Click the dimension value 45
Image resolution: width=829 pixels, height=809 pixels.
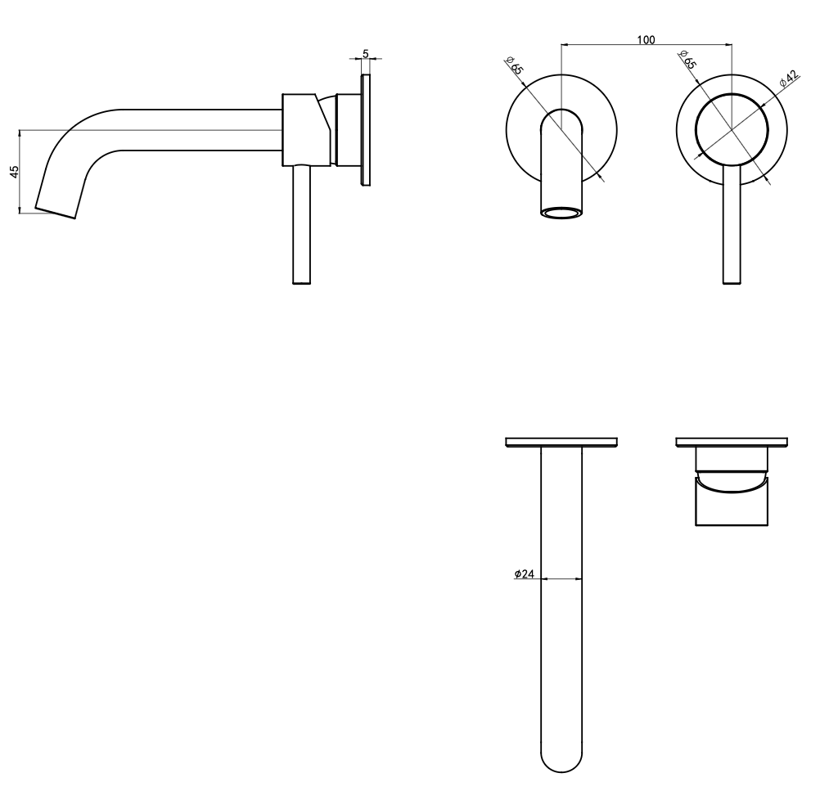coord(14,171)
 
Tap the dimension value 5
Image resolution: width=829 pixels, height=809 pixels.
coord(365,54)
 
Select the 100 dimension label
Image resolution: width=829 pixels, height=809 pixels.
coord(646,39)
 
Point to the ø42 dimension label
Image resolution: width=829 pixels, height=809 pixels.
coord(790,79)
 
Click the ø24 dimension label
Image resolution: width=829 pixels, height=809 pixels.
coord(525,573)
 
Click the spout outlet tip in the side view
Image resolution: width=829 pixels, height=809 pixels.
coord(56,213)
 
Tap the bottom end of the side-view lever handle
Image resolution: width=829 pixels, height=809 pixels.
coord(301,282)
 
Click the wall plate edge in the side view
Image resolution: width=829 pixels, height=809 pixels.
coord(365,130)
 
